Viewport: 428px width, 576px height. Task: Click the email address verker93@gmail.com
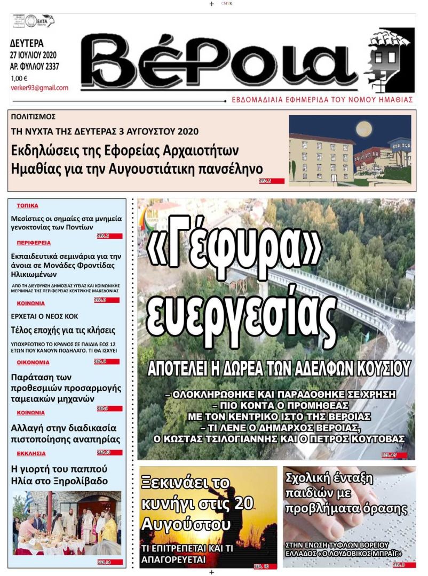pyautogui.click(x=39, y=88)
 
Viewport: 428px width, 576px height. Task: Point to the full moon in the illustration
pyautogui.click(x=364, y=129)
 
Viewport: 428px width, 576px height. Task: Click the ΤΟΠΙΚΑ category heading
pyautogui.click(x=27, y=205)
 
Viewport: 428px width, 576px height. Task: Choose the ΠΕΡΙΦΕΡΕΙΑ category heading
pyautogui.click(x=34, y=242)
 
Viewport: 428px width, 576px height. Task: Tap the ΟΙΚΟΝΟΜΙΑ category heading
pyautogui.click(x=33, y=362)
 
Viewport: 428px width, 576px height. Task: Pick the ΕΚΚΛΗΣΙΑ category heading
pyautogui.click(x=31, y=453)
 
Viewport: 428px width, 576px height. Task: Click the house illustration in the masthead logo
pyautogui.click(x=389, y=59)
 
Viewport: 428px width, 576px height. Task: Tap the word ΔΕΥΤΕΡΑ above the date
pyautogui.click(x=27, y=44)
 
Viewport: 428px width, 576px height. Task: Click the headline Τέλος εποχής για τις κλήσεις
pyautogui.click(x=63, y=330)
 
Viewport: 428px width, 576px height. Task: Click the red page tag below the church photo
pyautogui.click(x=109, y=562)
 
